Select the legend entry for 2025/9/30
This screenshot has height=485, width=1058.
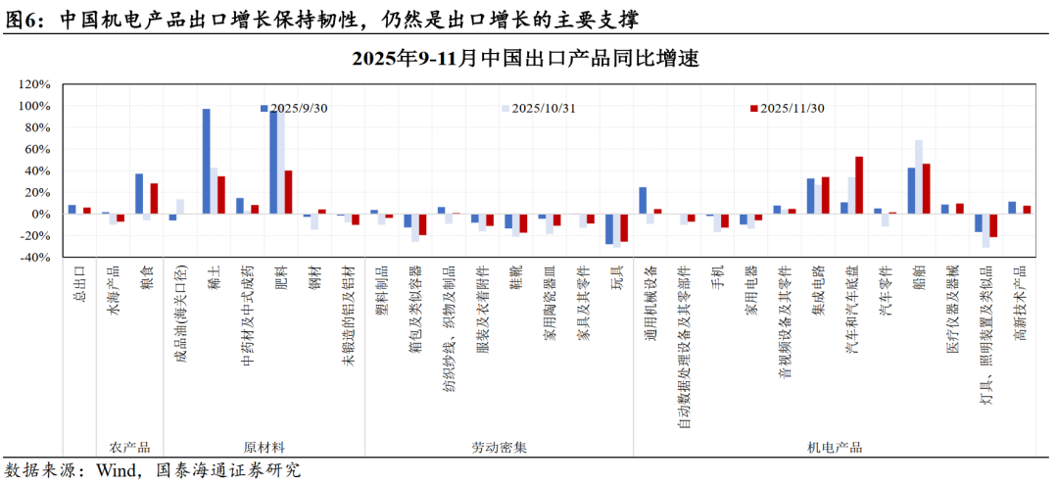click(294, 108)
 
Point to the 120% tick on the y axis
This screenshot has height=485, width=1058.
click(34, 84)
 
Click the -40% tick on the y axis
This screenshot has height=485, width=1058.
click(34, 258)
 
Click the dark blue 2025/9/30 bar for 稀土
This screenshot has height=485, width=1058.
click(206, 161)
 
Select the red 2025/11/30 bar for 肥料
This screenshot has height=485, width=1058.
click(288, 192)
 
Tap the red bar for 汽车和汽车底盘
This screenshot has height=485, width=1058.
click(859, 185)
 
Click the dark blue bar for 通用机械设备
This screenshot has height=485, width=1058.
click(643, 200)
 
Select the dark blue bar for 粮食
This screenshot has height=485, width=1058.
click(139, 194)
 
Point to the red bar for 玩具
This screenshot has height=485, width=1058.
click(624, 227)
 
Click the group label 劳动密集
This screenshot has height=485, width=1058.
click(499, 447)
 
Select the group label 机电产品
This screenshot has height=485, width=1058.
click(835, 447)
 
